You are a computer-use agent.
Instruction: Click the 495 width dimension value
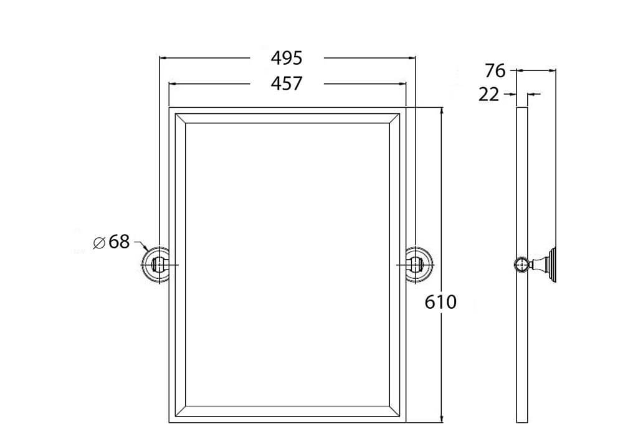(x=287, y=58)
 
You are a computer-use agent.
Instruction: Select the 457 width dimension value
(x=287, y=83)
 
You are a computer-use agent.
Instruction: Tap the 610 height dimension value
(x=440, y=302)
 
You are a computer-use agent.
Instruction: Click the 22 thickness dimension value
(x=489, y=95)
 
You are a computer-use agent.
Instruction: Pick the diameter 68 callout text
(x=118, y=242)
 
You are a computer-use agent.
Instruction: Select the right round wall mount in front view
(x=417, y=265)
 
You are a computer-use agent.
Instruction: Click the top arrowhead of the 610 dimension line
(x=442, y=111)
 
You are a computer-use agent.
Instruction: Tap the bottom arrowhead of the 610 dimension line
(x=442, y=418)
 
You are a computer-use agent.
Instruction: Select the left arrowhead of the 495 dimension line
(x=164, y=58)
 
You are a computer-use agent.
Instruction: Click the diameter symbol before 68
(x=98, y=243)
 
